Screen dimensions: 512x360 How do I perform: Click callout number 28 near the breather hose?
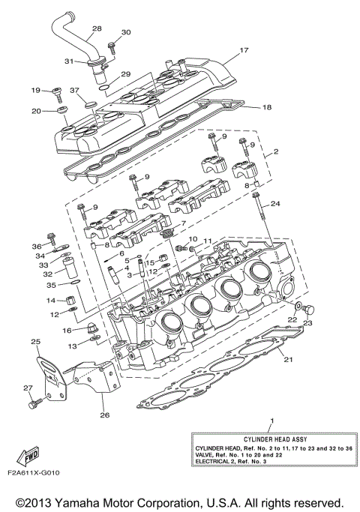click(96, 29)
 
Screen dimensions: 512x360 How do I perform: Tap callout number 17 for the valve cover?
click(243, 51)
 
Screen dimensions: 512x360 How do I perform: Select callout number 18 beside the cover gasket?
click(266, 107)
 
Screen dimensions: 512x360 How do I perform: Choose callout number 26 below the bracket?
click(104, 415)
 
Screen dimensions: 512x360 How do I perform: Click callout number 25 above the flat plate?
click(34, 342)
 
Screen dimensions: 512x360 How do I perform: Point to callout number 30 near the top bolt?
click(125, 32)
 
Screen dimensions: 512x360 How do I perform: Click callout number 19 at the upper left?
click(35, 91)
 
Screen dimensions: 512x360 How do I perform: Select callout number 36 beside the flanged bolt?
click(36, 246)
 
